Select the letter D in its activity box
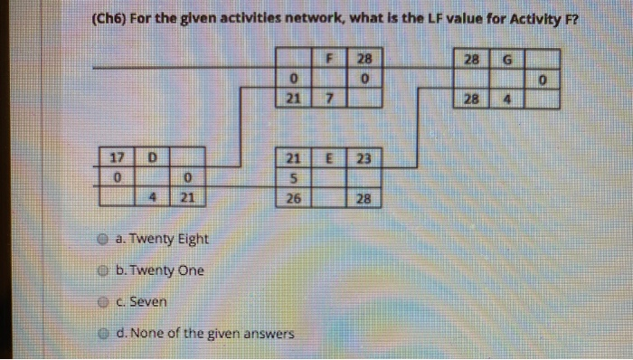153,156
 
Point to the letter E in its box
330,156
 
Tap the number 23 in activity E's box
364,156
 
